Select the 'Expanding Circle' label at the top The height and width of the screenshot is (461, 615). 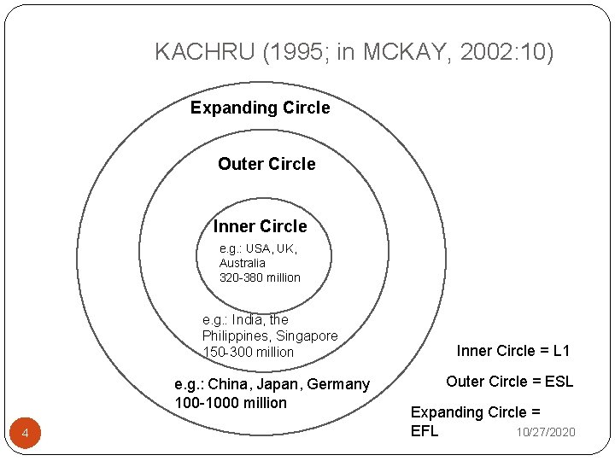click(x=260, y=108)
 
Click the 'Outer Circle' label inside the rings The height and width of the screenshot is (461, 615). click(x=266, y=164)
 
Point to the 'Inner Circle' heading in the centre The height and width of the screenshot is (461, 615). click(x=260, y=226)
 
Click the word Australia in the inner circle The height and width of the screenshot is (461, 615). click(x=242, y=263)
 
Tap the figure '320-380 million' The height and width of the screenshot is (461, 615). click(x=260, y=277)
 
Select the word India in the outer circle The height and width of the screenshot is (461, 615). click(x=249, y=320)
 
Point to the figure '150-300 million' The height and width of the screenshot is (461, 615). click(x=248, y=352)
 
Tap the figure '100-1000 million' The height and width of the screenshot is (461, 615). click(x=231, y=402)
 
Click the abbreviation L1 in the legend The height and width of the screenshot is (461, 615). click(x=561, y=350)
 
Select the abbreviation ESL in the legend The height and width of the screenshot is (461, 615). click(x=557, y=382)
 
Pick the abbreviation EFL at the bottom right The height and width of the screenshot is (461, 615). click(x=425, y=430)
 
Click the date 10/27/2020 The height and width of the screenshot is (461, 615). click(x=545, y=432)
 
